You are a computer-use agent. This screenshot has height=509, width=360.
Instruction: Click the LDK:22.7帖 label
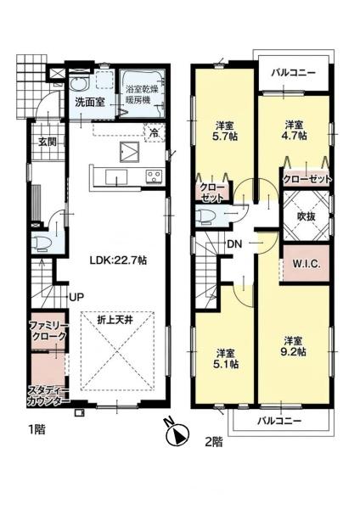click(118, 260)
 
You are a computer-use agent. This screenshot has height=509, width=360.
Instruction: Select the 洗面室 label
click(90, 103)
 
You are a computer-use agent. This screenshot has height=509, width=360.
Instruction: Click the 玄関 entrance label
click(48, 142)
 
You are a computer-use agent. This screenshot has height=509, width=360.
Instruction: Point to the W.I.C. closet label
click(307, 264)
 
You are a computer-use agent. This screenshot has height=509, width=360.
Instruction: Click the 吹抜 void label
click(307, 216)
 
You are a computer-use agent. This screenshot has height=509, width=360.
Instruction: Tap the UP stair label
click(76, 296)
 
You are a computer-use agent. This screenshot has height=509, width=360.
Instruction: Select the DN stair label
click(234, 244)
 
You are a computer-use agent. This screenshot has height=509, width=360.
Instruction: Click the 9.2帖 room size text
click(293, 352)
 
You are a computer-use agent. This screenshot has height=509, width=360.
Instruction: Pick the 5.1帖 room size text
click(227, 364)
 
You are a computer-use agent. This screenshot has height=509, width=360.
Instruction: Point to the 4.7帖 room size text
click(294, 135)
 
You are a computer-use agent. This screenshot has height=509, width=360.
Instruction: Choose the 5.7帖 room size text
click(226, 136)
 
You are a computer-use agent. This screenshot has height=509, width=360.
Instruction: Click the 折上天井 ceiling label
click(115, 321)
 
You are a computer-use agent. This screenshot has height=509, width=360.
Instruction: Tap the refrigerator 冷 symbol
click(155, 132)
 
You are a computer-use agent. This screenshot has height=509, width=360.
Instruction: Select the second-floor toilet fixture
click(206, 216)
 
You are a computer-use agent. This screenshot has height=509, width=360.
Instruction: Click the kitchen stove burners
click(154, 177)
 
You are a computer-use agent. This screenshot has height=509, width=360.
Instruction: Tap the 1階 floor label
click(37, 430)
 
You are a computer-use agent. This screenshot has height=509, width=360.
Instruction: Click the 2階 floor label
click(214, 441)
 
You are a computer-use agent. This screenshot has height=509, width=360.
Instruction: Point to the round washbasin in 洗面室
click(79, 85)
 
